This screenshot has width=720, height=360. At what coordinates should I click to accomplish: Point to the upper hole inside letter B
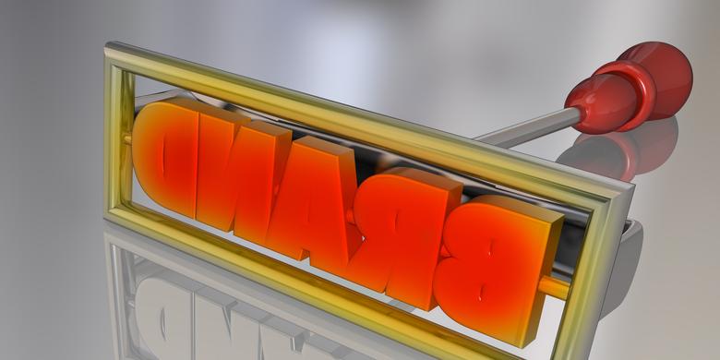pos(491,248)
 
